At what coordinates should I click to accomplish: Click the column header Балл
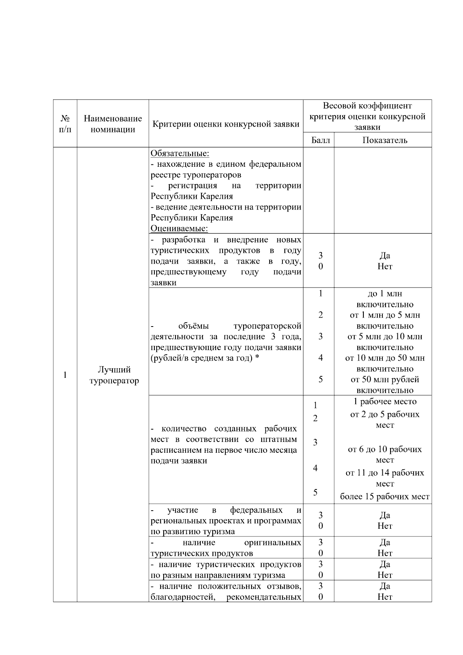320,140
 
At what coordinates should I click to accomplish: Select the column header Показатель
385,140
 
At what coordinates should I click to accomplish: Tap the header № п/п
65,124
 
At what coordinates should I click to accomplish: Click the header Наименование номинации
113,124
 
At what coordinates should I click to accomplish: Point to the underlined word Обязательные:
180,153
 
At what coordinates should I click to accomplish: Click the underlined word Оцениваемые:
179,228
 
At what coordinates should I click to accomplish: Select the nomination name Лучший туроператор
114,375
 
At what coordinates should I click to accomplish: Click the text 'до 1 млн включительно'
385,299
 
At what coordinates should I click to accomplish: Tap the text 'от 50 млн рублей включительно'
385,384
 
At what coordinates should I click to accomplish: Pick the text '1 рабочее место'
385,401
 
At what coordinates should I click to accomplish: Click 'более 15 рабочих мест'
385,497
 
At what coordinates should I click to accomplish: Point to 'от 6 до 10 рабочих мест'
385,454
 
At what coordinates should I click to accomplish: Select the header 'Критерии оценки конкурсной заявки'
226,124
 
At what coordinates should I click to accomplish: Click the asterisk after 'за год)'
257,358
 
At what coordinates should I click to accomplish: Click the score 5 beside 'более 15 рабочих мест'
315,493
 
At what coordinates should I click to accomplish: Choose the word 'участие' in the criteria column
182,510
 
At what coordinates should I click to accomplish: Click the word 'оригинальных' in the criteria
273,543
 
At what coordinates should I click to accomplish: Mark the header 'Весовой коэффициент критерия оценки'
367,116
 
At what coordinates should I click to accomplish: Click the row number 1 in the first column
65,375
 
